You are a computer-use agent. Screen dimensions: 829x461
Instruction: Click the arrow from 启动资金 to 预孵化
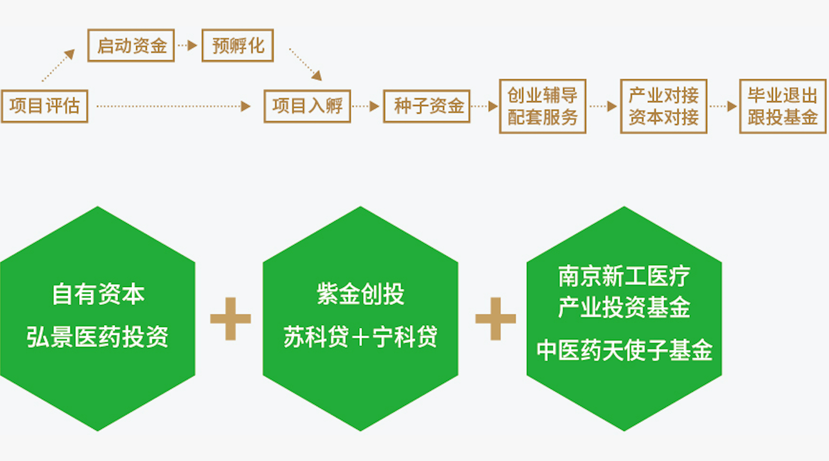point(187,45)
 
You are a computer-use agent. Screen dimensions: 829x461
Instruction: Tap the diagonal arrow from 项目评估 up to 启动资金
point(58,65)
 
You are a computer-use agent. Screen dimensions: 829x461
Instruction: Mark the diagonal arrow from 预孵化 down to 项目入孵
point(305,65)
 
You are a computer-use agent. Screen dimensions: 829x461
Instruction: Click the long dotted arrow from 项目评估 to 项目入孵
point(174,106)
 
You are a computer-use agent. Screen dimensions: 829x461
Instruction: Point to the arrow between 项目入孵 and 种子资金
point(366,106)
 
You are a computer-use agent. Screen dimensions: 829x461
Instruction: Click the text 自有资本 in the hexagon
point(98,294)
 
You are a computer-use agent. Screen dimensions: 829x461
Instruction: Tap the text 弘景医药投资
point(97,337)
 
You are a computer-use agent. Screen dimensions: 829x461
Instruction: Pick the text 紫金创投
point(360,294)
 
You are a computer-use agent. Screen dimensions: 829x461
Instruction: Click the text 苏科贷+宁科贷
point(360,337)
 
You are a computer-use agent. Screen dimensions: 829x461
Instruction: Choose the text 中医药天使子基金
point(624,350)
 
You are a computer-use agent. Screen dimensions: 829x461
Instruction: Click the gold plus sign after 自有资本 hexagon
point(230,319)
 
